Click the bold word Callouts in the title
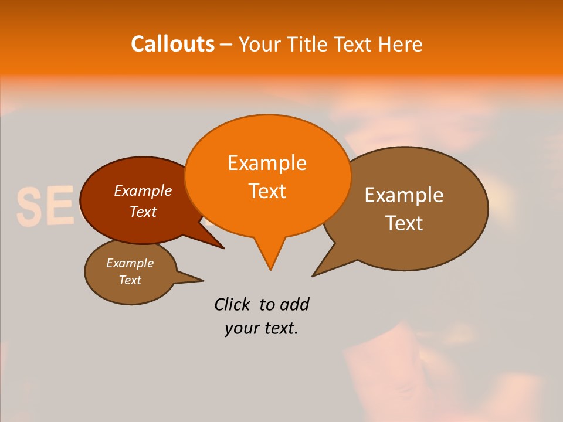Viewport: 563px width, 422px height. tap(172, 44)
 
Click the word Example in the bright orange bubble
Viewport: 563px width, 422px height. tap(267, 163)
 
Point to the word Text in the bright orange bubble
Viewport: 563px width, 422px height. tap(267, 191)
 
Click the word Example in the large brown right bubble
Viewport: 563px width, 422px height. tap(404, 195)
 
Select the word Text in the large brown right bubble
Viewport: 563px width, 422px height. tap(404, 223)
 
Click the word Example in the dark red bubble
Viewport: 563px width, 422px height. tap(143, 191)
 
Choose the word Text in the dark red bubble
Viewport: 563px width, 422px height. tap(143, 212)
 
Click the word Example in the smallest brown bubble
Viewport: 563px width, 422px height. tap(130, 263)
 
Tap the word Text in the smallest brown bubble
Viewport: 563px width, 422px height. tap(130, 280)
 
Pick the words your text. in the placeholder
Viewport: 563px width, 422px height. tap(262, 329)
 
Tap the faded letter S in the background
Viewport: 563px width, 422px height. tap(28, 207)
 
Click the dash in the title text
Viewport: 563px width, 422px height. tap(226, 45)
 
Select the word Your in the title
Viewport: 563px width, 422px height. tap(260, 44)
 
